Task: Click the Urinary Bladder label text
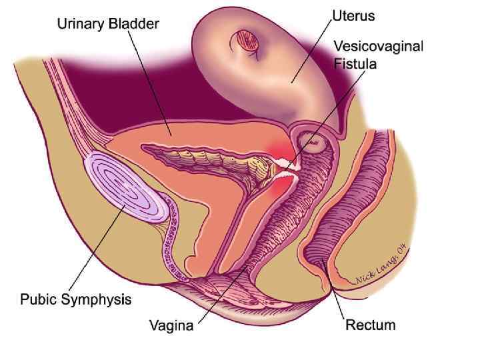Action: coord(108,25)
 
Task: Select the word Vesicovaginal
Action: coord(378,47)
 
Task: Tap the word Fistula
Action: coord(355,64)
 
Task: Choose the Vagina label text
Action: coord(171,326)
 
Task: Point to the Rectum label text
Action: coord(370,325)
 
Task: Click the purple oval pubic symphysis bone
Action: coord(127,188)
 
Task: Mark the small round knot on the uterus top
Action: coord(246,41)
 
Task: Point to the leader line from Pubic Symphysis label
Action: coord(100,247)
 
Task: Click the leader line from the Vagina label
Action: coord(220,293)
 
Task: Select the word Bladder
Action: coord(136,25)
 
